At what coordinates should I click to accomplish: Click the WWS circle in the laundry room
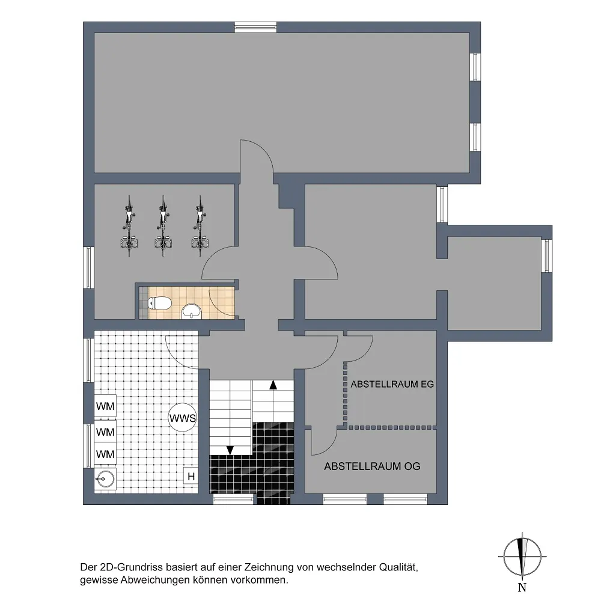tap(183, 418)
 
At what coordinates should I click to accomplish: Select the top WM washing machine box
tap(105, 406)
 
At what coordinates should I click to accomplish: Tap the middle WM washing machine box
tap(105, 432)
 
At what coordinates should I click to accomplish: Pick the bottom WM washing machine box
tap(105, 454)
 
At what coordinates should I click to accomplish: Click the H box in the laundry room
tap(191, 477)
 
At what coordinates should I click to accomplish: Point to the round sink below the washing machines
tap(105, 479)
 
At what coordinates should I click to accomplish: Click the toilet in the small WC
tap(159, 304)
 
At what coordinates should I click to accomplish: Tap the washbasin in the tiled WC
tap(191, 311)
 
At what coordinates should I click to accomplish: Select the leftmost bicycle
tap(129, 226)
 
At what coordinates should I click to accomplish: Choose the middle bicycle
tap(163, 226)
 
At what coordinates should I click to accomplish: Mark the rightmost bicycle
tap(200, 226)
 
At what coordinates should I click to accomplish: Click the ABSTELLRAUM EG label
tap(392, 384)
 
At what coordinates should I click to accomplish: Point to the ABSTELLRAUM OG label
tap(372, 466)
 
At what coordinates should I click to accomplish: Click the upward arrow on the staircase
tap(273, 385)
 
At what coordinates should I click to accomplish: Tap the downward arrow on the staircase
tap(230, 450)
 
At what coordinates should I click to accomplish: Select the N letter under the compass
tap(522, 587)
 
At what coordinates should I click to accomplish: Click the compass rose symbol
tap(522, 557)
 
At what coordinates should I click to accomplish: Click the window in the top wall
tap(255, 27)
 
